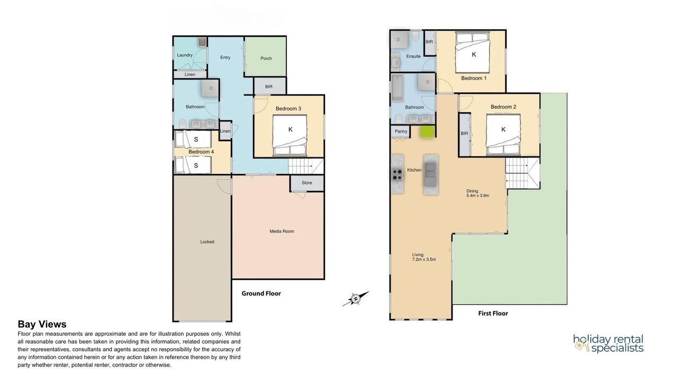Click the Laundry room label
pos(185,55)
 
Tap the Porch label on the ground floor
pos(266,58)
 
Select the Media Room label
pos(282,231)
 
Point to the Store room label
pos(307,183)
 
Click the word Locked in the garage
pos(207,242)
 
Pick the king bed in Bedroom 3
pos(290,135)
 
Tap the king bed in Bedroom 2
pos(503,134)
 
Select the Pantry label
pos(401,131)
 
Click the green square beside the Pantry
pos(427,132)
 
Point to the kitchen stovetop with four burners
pos(397,175)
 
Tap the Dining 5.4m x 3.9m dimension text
pos(477,193)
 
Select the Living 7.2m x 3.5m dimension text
pos(424,257)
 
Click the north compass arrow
pos(356,299)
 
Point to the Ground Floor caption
pos(261,293)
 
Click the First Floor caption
pos(493,314)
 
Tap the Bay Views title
pos(42,324)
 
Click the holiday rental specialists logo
pos(608,343)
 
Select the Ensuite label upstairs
pos(413,56)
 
